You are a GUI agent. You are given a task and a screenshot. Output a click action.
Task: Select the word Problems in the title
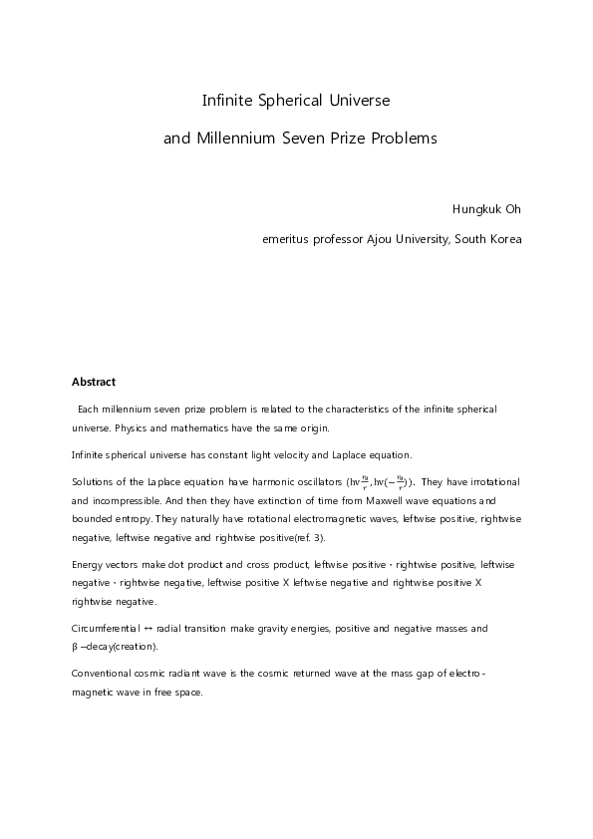coord(403,139)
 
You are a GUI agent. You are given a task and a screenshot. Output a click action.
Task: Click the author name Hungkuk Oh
coord(486,210)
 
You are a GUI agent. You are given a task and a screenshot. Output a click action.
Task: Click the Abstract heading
coord(94,382)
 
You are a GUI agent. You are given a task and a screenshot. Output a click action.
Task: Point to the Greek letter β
coord(75,647)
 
